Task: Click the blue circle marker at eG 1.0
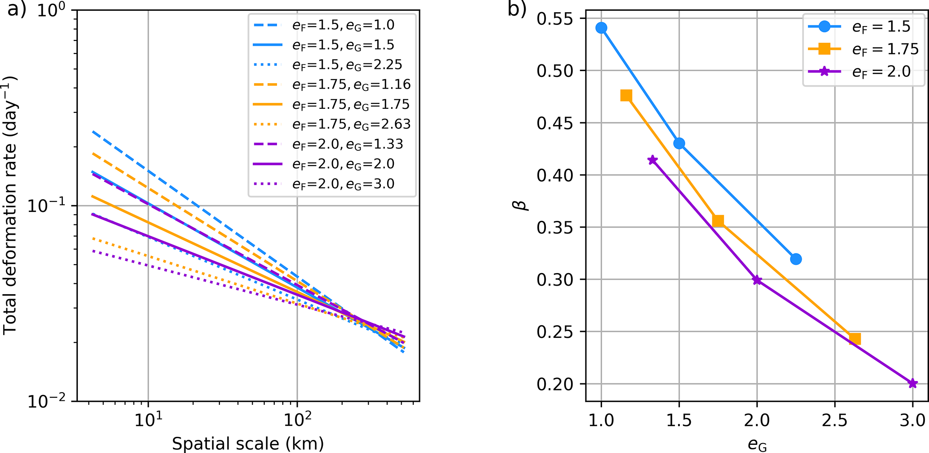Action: [x=601, y=28]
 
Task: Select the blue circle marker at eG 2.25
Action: [x=795, y=259]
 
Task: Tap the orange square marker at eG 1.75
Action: [x=718, y=221]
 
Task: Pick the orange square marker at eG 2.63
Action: [x=855, y=339]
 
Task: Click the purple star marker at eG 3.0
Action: [x=912, y=384]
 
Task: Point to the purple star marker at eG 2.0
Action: [x=757, y=280]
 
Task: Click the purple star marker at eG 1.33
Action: [x=652, y=160]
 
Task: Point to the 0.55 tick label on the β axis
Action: [x=555, y=19]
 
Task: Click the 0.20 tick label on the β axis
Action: [x=555, y=384]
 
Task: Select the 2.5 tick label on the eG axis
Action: [x=835, y=420]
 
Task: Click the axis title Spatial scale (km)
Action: [x=248, y=444]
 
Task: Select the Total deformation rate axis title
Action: [x=11, y=206]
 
